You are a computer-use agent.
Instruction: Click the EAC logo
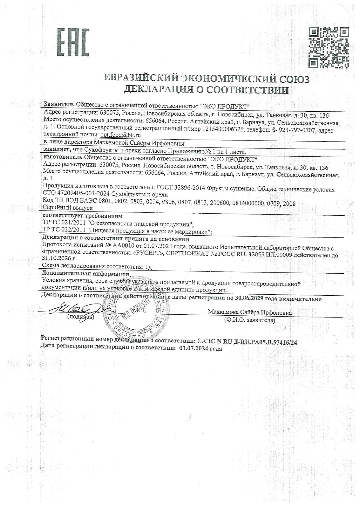click(73, 42)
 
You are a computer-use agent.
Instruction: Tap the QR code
click(328, 48)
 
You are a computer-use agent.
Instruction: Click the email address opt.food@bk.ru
click(120, 135)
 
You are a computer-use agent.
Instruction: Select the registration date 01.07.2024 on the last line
click(193, 348)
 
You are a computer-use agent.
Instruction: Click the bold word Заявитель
click(59, 104)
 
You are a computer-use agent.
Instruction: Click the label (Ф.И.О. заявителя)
click(249, 320)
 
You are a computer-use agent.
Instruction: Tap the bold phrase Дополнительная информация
click(85, 274)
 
